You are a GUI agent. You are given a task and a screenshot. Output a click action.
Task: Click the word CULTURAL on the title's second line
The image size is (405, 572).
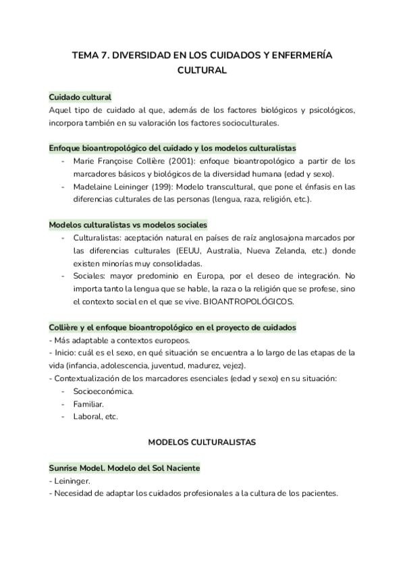202,69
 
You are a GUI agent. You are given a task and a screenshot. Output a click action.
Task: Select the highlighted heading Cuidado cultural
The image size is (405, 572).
80,97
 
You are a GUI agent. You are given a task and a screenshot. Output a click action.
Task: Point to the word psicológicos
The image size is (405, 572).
330,110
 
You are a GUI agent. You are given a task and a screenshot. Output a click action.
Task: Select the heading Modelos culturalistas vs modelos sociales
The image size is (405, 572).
128,224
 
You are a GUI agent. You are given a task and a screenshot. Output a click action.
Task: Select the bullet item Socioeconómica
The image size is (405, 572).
103,391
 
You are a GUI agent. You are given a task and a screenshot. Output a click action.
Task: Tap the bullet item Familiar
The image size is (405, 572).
88,403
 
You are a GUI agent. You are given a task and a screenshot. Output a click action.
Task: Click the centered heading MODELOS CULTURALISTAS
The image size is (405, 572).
202,442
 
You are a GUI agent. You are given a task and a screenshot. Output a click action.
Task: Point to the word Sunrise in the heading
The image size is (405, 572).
65,467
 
